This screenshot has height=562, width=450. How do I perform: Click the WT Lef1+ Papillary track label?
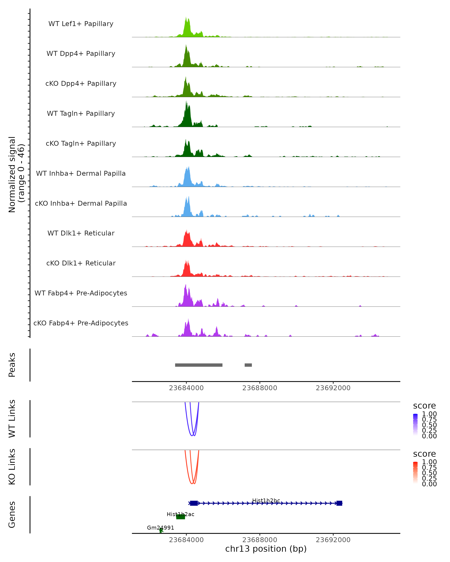click(81, 24)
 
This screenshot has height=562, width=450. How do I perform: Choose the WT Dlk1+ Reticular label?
click(81, 233)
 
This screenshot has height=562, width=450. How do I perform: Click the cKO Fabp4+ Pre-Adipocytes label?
click(81, 323)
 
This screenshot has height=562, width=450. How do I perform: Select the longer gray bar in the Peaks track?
click(199, 365)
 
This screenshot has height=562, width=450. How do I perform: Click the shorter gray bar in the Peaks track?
click(248, 365)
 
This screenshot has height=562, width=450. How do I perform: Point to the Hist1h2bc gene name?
click(266, 501)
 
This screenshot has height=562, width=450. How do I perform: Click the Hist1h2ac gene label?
click(181, 514)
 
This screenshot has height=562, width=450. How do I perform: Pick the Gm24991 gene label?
click(160, 528)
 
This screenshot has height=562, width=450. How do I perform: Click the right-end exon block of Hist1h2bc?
click(339, 503)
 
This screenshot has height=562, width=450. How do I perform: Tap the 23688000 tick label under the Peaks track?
click(259, 388)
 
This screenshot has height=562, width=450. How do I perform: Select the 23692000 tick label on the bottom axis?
click(333, 540)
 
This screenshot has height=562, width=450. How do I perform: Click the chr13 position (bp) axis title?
click(266, 549)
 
